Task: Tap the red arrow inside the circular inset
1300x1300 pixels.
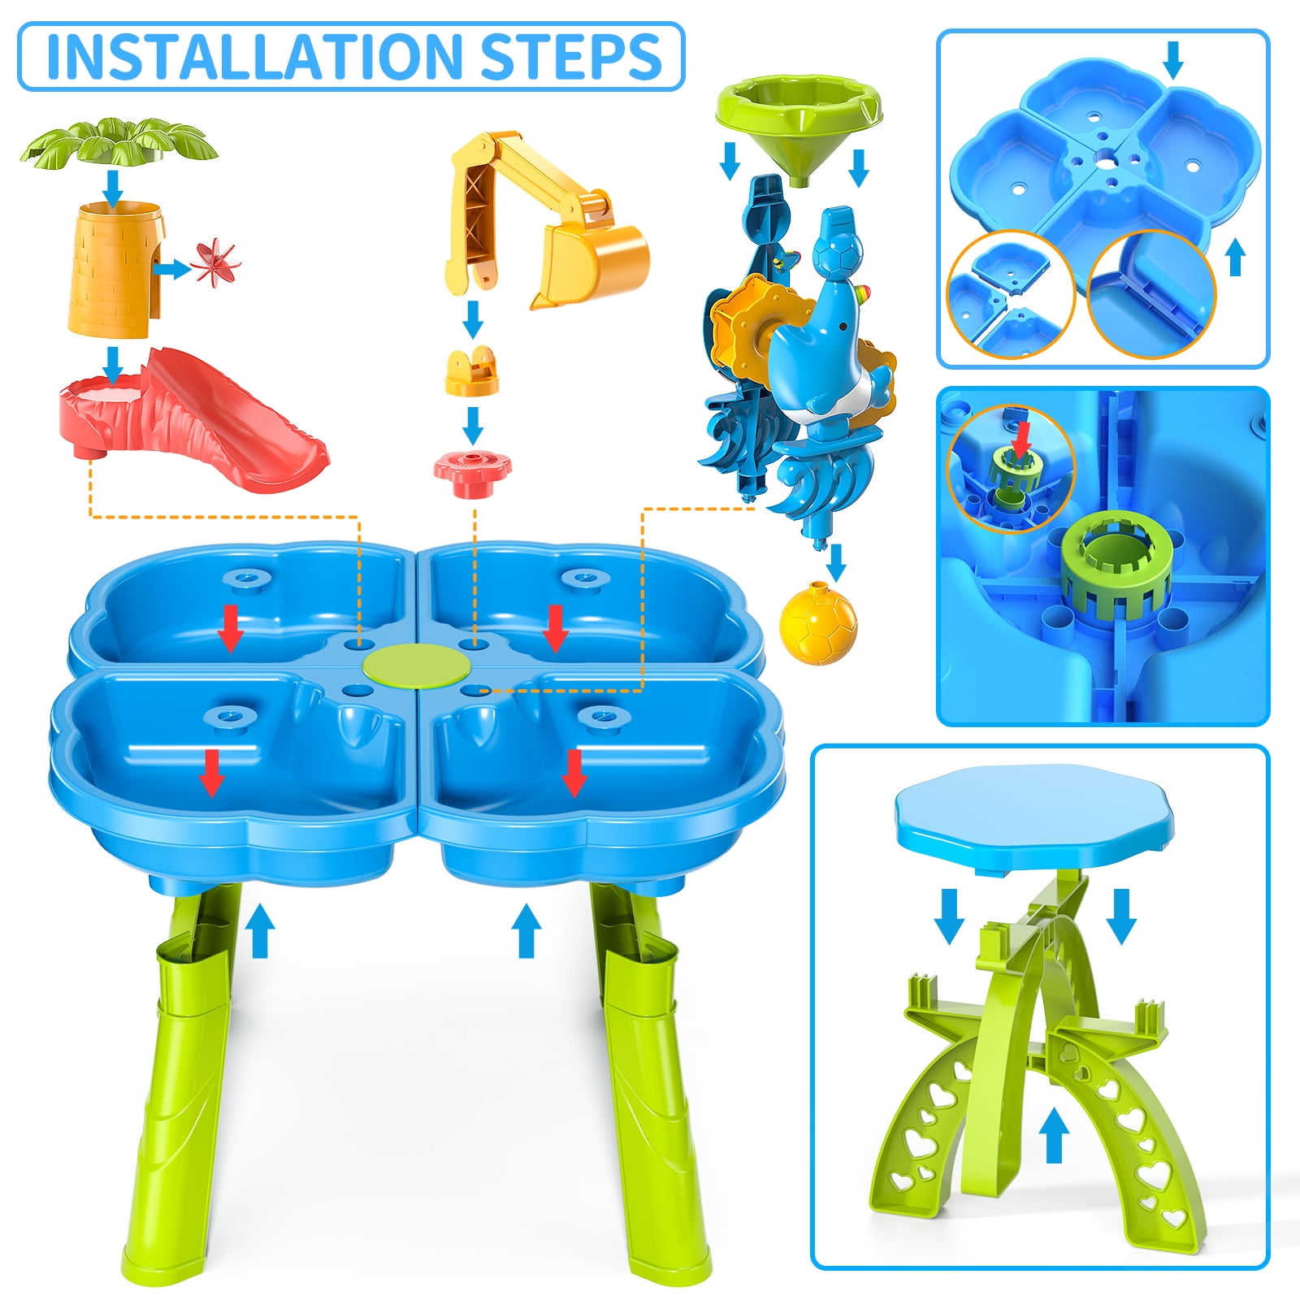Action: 1021,436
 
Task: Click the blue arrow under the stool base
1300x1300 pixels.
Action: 1054,1135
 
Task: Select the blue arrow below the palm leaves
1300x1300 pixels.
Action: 113,186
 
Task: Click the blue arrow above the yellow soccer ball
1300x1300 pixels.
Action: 835,561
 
